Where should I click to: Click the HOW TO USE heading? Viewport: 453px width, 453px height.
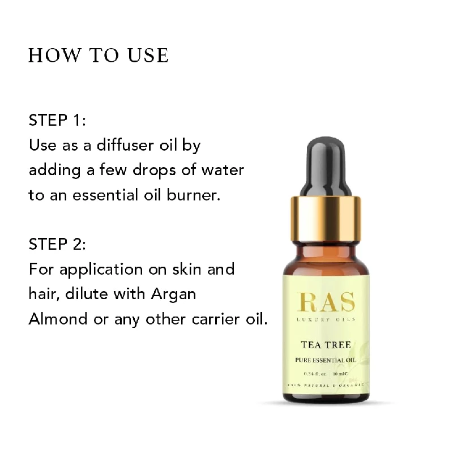click(x=98, y=55)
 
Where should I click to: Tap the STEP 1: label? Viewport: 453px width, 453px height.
click(x=57, y=121)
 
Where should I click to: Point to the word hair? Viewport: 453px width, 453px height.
click(x=42, y=293)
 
